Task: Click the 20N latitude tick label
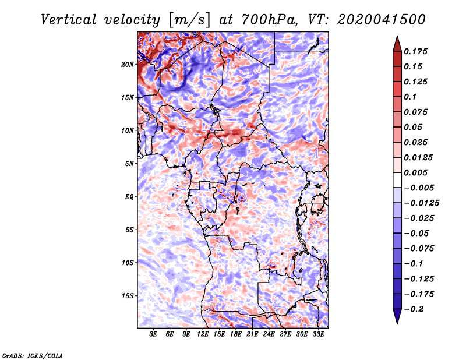click(x=128, y=65)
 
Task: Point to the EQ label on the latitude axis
click(x=129, y=197)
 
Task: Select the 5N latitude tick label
click(x=129, y=164)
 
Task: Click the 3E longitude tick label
click(x=153, y=334)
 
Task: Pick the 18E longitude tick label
click(x=235, y=334)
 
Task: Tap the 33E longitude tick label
click(x=318, y=334)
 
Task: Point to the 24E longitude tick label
click(x=269, y=334)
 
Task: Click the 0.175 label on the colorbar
click(x=415, y=51)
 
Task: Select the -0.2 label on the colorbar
click(x=414, y=309)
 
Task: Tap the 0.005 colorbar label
click(x=415, y=172)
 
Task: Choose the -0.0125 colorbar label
click(x=421, y=203)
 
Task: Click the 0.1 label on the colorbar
click(x=410, y=97)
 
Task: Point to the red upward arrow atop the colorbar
click(x=397, y=44)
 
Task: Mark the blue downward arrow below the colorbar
click(x=397, y=316)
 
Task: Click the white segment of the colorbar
click(x=397, y=180)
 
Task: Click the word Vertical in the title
click(x=69, y=20)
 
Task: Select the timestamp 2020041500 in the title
click(x=382, y=20)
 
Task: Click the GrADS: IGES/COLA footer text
click(x=33, y=356)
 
